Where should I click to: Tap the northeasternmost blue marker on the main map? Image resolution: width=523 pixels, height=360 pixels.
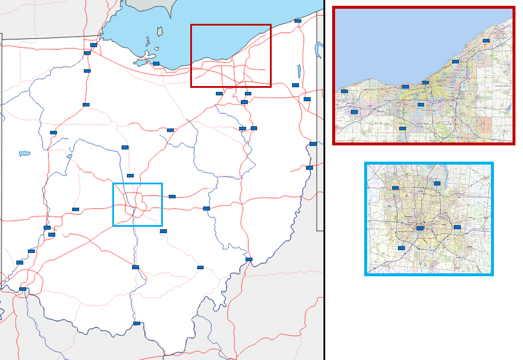pyautogui.click(x=298, y=21)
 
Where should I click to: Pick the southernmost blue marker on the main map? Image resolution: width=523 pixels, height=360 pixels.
pyautogui.click(x=137, y=323)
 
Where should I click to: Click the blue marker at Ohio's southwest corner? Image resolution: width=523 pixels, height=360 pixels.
pyautogui.click(x=23, y=289)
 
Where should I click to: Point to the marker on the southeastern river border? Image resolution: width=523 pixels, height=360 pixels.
pyautogui.click(x=249, y=259)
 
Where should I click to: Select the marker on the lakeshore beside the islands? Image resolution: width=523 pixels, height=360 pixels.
pyautogui.click(x=156, y=63)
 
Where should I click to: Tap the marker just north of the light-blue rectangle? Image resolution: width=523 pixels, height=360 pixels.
pyautogui.click(x=130, y=176)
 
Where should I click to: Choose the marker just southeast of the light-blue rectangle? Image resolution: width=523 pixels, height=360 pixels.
pyautogui.click(x=163, y=231)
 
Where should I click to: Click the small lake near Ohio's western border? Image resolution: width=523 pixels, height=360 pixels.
pyautogui.click(x=24, y=154)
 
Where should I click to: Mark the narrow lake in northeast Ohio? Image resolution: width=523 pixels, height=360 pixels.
pyautogui.click(x=298, y=72)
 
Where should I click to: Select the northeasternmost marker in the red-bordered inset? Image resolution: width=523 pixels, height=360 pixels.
pyautogui.click(x=486, y=41)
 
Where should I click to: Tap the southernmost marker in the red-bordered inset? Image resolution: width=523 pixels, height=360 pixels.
pyautogui.click(x=403, y=129)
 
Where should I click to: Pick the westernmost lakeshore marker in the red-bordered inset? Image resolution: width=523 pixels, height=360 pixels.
pyautogui.click(x=344, y=91)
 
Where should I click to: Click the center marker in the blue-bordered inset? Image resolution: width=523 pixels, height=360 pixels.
pyautogui.click(x=420, y=229)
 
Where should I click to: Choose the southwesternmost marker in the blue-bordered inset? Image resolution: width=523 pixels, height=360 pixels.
pyautogui.click(x=401, y=248)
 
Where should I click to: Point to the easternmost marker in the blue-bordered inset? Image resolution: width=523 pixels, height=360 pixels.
pyautogui.click(x=457, y=227)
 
